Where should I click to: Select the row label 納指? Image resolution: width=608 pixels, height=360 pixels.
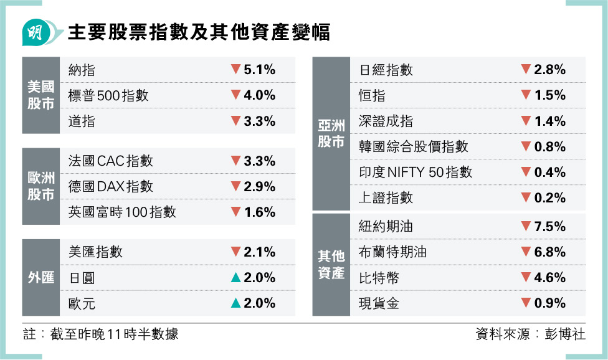tap(82, 70)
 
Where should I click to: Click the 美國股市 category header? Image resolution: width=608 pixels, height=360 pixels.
tap(40, 95)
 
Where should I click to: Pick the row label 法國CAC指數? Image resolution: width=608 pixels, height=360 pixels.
tap(110, 161)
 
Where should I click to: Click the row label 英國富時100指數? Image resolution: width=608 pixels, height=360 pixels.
tap(122, 212)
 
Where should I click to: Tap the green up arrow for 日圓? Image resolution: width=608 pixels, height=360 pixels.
tap(235, 278)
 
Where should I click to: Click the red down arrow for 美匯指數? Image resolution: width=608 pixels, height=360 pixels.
tap(235, 252)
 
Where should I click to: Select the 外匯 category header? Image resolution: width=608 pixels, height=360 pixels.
tap(40, 278)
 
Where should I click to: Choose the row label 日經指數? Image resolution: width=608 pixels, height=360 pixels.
tap(386, 70)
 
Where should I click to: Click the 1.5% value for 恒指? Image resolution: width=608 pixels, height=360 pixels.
tap(550, 95)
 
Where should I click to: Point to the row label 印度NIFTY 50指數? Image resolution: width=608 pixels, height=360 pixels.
tap(416, 173)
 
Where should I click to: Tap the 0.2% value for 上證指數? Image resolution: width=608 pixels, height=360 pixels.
tap(550, 198)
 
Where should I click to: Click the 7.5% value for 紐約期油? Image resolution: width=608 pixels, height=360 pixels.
tap(550, 226)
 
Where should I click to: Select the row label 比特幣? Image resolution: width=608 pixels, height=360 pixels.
tap(379, 277)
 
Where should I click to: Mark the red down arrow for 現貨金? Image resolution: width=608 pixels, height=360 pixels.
tap(526, 303)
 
